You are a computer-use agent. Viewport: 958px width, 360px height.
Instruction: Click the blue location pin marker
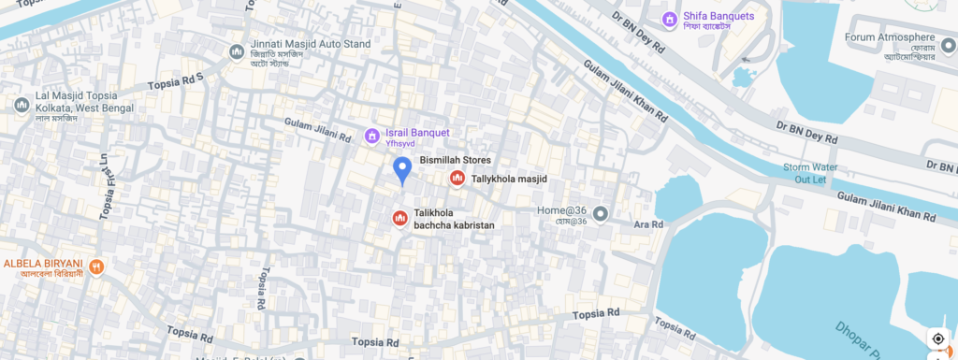coord(402,170)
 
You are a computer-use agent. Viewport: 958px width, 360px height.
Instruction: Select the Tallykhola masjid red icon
coord(457,178)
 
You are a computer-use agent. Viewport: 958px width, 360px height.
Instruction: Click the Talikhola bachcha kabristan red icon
coord(399,219)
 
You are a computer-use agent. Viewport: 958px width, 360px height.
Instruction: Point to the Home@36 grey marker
coord(601,214)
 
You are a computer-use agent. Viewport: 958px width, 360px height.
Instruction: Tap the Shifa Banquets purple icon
coord(669,19)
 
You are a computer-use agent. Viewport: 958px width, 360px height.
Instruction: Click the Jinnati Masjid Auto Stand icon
coord(237,51)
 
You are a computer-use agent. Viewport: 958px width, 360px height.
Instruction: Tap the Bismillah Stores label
coord(455,160)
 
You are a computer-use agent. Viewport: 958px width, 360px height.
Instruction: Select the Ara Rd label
coord(648,225)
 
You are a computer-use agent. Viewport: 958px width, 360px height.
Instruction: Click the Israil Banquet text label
coord(417,133)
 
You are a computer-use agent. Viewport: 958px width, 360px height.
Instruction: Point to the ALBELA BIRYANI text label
coord(44,263)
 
